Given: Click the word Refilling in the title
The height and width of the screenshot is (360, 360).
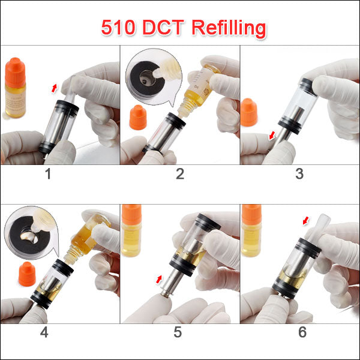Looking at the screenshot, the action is pos(229,28).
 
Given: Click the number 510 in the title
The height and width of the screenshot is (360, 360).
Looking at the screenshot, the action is pos(118,28).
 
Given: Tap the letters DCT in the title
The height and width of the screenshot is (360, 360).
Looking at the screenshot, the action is pos(163,28).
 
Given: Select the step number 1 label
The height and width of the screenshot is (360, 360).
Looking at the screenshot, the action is pos(48,174).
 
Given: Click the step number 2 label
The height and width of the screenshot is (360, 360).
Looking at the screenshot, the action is pos(180,174).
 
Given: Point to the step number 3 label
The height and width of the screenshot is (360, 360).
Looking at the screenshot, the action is pos(299,174).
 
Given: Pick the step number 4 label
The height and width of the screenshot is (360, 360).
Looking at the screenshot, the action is pos(44,332).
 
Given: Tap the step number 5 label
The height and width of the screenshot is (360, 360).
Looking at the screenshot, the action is pos(178,332).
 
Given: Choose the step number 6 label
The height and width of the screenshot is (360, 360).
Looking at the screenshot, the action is pos(302,332).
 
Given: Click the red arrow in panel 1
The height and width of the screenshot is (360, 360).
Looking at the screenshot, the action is pos(54,88).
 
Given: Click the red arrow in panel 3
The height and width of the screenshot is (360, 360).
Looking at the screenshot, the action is pos(272,136).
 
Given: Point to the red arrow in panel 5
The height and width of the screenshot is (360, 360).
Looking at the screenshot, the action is pos(158,279).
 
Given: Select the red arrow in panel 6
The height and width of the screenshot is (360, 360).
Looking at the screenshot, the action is pos(306,221).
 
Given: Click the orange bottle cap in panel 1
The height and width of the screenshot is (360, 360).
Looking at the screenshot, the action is pos(15,73).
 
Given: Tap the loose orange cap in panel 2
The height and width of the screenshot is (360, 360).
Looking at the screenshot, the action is pos(138,118).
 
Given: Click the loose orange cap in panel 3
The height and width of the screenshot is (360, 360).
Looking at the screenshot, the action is pos(248,112).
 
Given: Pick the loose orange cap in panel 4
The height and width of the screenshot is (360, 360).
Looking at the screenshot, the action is pos(27,274).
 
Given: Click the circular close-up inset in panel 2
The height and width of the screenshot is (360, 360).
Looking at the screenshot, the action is pos(154,77).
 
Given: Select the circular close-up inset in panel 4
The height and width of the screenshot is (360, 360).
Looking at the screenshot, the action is pos(31,233).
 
